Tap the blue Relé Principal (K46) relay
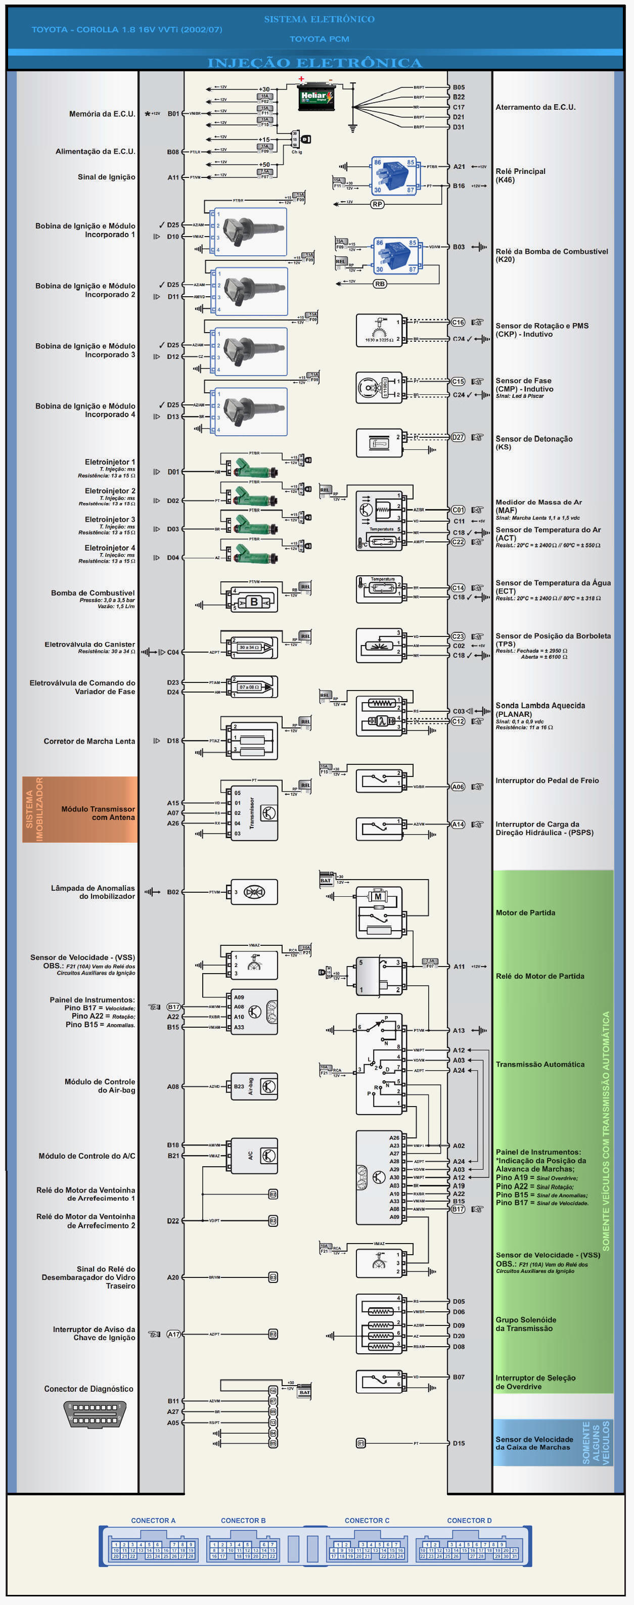394,176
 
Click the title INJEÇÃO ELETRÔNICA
315,63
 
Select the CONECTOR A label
153,1520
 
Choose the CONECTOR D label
469,1520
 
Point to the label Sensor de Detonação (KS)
533,442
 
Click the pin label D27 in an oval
458,437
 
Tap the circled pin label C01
458,510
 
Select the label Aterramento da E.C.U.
535,107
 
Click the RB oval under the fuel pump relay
380,284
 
